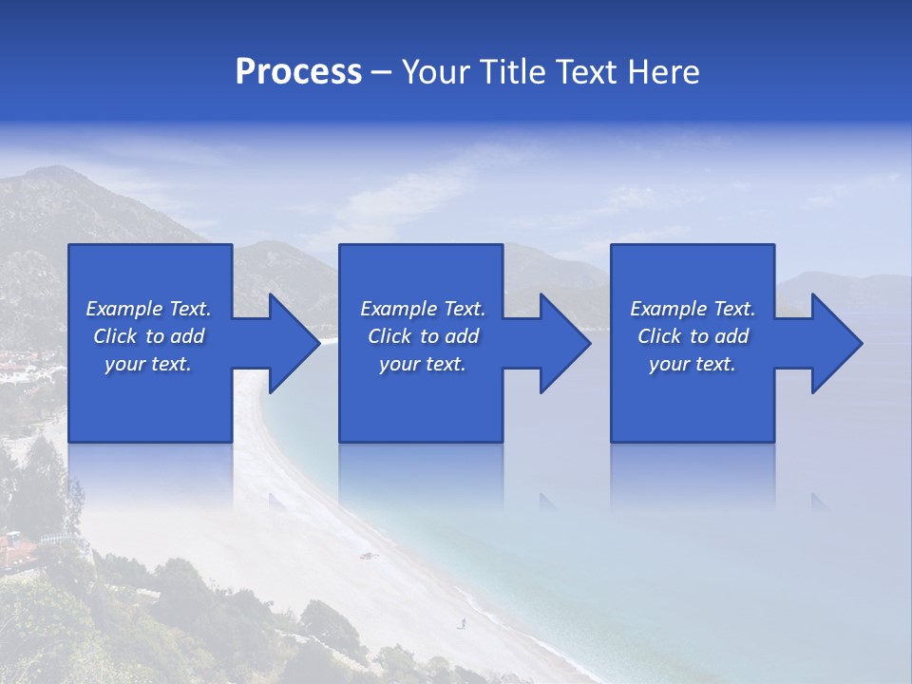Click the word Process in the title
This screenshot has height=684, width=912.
(298, 72)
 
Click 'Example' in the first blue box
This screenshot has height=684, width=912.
(124, 309)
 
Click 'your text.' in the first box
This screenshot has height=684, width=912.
(148, 364)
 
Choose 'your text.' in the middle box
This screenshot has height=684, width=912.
(423, 364)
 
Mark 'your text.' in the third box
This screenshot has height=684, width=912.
(693, 364)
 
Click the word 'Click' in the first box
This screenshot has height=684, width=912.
(115, 336)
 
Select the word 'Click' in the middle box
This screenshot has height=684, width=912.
(389, 336)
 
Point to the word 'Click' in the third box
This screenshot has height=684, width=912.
(659, 336)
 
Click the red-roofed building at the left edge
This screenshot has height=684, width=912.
(14, 546)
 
